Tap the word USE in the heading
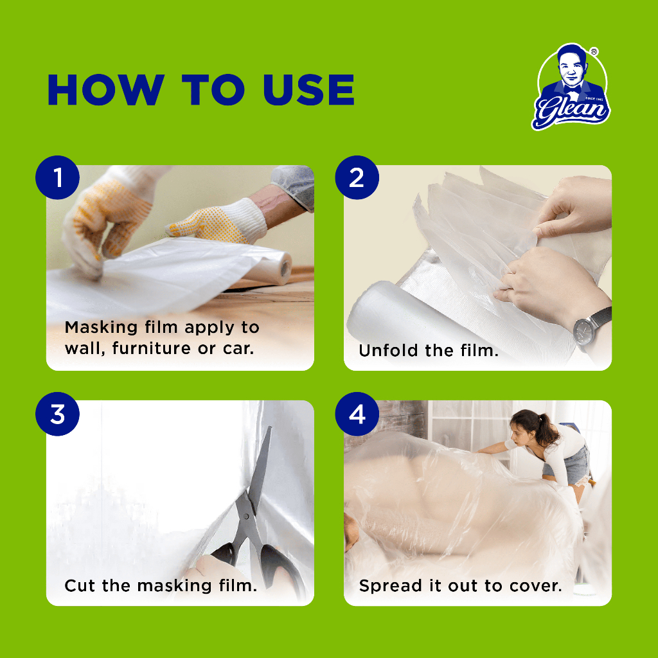(x=309, y=89)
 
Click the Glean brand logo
(x=571, y=87)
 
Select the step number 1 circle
(x=57, y=177)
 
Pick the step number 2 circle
(x=357, y=177)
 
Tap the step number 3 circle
(x=57, y=414)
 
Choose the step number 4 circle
(x=357, y=414)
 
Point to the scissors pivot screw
(x=247, y=516)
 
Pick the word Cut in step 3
(x=79, y=585)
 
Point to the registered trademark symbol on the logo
(x=594, y=51)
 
